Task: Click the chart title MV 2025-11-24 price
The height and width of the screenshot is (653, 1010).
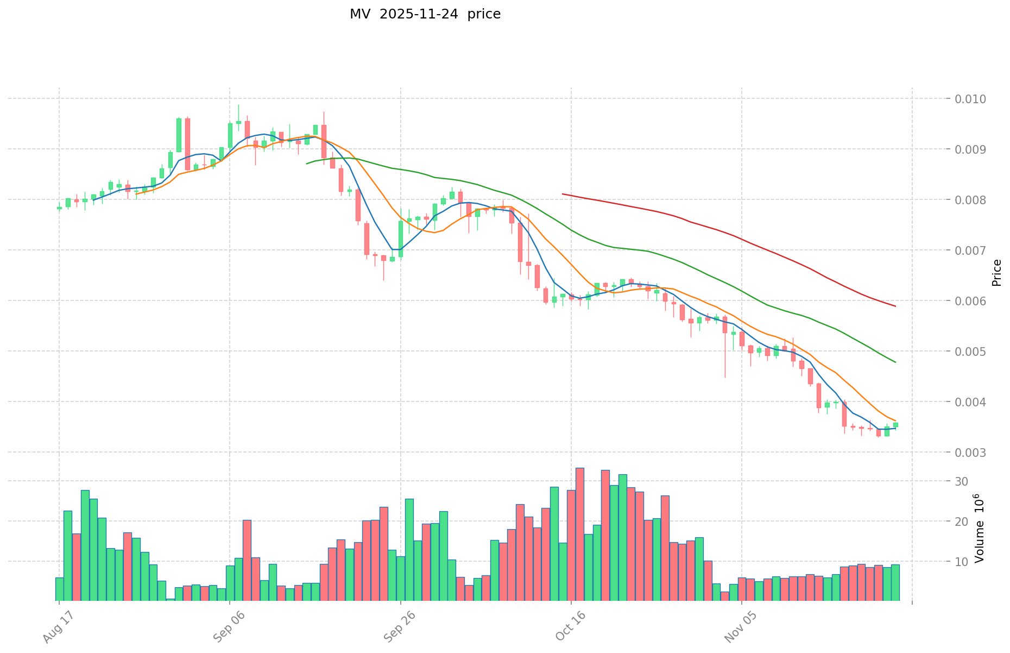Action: [425, 15]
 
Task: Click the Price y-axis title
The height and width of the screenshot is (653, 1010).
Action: [996, 273]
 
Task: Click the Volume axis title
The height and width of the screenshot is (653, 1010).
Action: [979, 528]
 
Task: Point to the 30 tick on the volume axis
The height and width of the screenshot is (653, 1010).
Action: [962, 481]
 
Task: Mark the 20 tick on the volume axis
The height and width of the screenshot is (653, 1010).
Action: [962, 522]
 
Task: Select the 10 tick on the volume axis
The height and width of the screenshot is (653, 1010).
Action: [962, 562]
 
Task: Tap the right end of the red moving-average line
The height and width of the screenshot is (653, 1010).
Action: [895, 306]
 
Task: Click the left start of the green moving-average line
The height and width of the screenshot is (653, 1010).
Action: [307, 163]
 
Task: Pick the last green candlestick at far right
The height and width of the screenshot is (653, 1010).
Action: [895, 425]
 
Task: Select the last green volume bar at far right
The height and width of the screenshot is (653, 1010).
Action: [895, 582]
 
